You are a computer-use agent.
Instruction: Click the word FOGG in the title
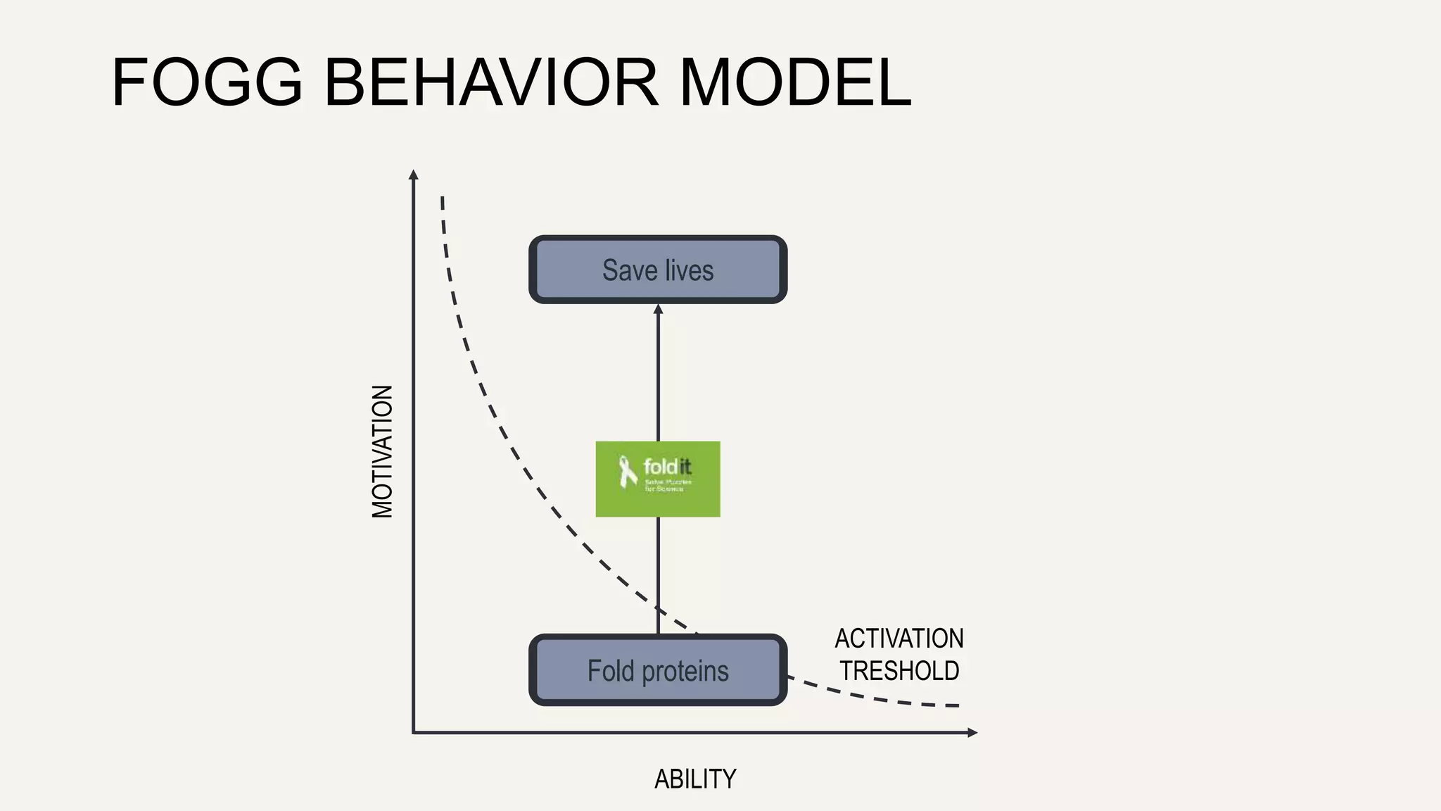click(x=207, y=83)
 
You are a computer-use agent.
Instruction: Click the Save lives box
click(x=658, y=270)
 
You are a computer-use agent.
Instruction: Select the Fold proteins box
click(x=658, y=670)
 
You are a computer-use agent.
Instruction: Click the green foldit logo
click(x=658, y=479)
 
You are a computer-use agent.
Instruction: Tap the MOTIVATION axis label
click(x=382, y=451)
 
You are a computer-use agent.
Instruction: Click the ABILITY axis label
click(x=695, y=779)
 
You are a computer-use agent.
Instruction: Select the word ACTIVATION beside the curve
click(x=899, y=639)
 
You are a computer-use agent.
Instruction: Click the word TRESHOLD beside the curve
click(x=899, y=671)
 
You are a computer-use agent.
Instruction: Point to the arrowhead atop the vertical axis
click(x=414, y=174)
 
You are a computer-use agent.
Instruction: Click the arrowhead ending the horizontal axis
click(x=973, y=733)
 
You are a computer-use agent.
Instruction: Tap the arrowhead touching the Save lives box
click(x=658, y=309)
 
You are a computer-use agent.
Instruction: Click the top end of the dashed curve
click(x=442, y=198)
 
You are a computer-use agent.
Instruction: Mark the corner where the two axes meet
click(x=414, y=733)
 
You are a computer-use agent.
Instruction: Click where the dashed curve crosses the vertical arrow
click(x=658, y=610)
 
